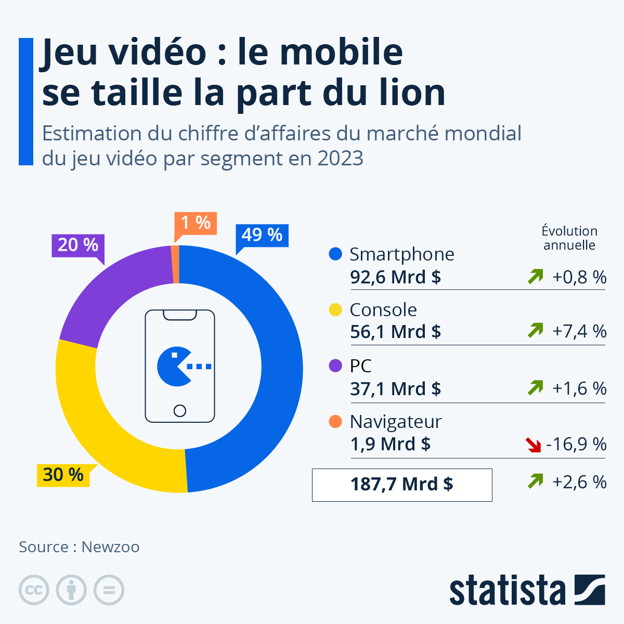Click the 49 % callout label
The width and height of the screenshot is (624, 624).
tap(262, 235)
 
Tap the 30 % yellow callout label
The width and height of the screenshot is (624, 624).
tap(63, 475)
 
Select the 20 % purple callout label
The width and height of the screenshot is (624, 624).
tap(78, 244)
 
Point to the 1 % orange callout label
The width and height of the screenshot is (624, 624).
tap(196, 223)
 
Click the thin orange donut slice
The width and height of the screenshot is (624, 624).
tap(175, 264)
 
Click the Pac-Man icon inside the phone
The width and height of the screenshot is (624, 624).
tap(174, 367)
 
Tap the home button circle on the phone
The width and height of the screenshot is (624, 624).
tap(180, 411)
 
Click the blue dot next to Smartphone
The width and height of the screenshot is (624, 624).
tap(335, 254)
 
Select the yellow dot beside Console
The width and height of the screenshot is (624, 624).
tap(335, 310)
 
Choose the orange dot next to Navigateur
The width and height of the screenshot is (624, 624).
tap(335, 421)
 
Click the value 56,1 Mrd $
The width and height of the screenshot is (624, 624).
tap(395, 331)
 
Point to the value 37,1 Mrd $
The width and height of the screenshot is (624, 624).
tap(395, 388)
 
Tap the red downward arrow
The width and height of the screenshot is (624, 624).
tap(534, 445)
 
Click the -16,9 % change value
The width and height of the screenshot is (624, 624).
tap(576, 444)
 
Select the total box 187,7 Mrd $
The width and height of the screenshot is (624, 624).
tap(401, 485)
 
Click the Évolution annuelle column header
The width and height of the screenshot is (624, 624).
tap(569, 238)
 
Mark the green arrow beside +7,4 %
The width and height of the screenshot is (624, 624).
tap(535, 330)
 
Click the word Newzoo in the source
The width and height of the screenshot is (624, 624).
tap(110, 547)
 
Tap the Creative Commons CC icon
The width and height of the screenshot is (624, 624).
tap(34, 590)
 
